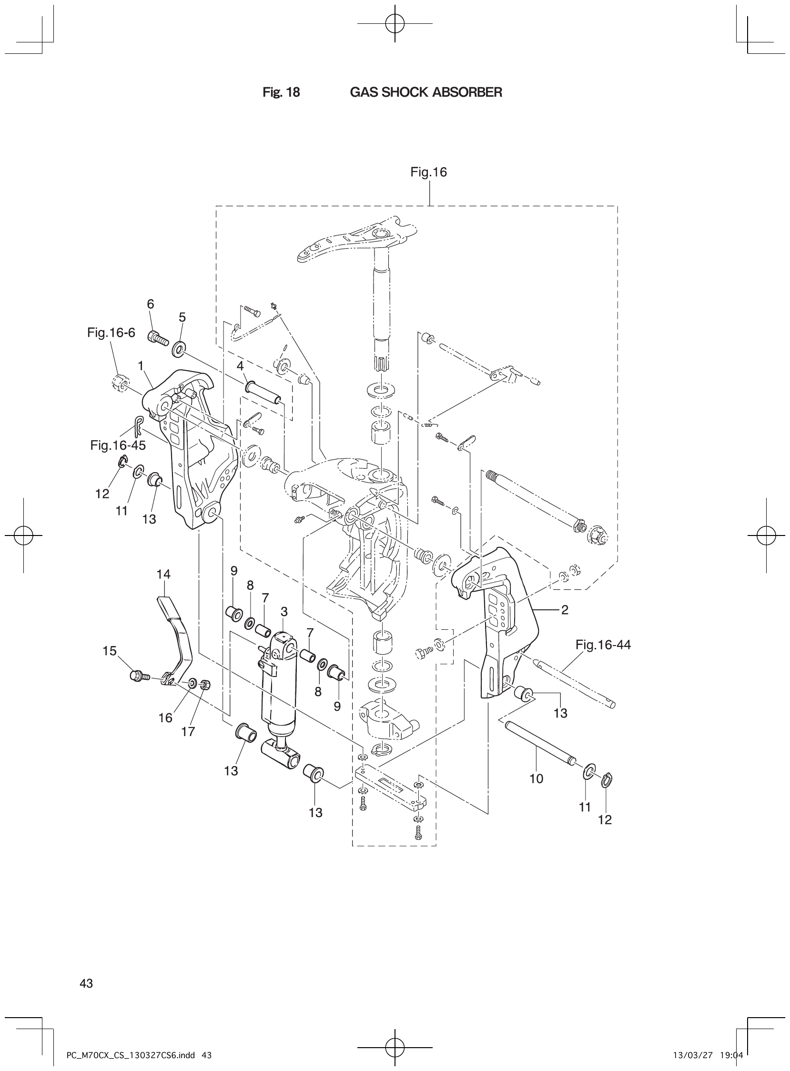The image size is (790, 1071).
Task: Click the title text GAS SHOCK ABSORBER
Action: click(x=426, y=92)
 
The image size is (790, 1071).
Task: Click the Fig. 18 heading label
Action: click(x=281, y=92)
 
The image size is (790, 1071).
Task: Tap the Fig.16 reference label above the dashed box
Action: click(x=428, y=172)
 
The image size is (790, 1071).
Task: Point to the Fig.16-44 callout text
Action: click(x=603, y=645)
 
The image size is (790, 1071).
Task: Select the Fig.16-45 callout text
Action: click(x=118, y=445)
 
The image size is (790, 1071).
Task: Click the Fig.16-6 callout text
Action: click(x=111, y=333)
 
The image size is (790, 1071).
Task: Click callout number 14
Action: click(x=163, y=574)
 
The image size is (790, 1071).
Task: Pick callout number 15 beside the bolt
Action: click(x=110, y=651)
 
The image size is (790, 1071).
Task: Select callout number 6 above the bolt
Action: click(x=151, y=303)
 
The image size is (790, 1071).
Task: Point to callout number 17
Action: click(x=188, y=731)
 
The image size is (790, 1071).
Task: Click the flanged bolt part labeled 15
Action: click(x=138, y=676)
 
